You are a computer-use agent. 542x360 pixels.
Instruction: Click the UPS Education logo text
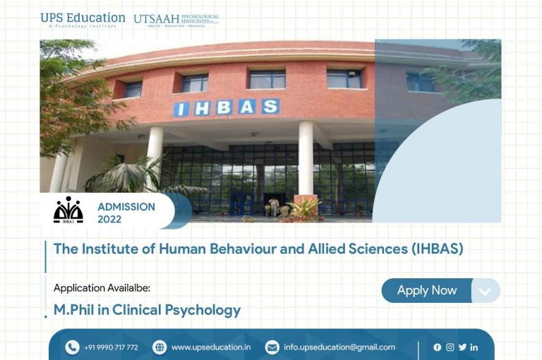pos(83,18)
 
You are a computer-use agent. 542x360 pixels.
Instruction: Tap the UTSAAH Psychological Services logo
pos(176,20)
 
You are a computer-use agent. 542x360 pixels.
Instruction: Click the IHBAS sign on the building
pos(227,108)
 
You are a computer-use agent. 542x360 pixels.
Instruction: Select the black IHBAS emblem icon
pos(68,210)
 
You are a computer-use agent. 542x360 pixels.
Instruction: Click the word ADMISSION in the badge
pos(126,207)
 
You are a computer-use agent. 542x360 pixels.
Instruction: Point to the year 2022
pos(109,220)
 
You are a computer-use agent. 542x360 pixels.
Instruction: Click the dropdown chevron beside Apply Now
pos(484,291)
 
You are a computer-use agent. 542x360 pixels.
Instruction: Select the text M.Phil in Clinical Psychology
pos(147,310)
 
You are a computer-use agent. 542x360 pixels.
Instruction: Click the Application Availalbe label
pos(102,288)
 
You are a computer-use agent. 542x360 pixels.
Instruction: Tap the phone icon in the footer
pos(72,347)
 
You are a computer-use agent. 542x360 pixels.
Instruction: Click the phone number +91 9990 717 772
pos(111,347)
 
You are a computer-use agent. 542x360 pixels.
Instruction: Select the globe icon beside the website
pos(159,347)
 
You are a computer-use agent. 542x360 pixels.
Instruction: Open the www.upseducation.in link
pos(210,347)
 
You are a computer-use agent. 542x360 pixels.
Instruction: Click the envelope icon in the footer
pos(272,347)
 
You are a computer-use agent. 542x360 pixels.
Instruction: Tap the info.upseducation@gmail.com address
pos(339,347)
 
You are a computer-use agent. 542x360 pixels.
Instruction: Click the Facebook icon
pos(438,347)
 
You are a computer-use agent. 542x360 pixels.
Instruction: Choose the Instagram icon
pos(450,347)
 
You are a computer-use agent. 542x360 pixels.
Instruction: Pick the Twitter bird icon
pos(462,347)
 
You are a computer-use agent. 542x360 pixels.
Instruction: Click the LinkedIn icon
pos(474,347)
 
